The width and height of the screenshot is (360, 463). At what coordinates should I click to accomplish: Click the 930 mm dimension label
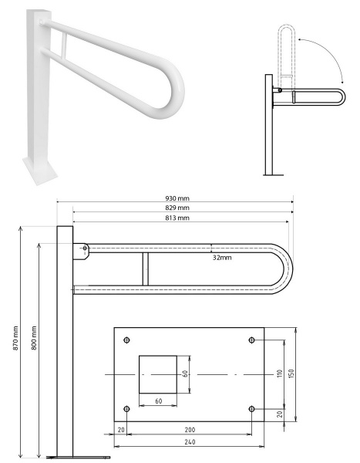(177, 198)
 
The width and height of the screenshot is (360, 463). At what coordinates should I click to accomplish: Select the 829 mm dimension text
(177, 208)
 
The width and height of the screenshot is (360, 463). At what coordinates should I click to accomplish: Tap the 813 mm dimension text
(177, 218)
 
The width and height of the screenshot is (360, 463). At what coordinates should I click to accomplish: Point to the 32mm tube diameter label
(222, 258)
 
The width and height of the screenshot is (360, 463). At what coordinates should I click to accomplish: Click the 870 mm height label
(15, 338)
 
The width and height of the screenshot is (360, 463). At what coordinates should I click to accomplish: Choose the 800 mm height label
(34, 338)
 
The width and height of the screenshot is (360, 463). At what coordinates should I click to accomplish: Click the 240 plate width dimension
(190, 442)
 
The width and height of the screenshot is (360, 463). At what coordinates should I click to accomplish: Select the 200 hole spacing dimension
(190, 430)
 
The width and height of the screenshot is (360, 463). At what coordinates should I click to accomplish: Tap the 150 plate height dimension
(291, 374)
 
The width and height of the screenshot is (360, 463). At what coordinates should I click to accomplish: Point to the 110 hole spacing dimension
(280, 374)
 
